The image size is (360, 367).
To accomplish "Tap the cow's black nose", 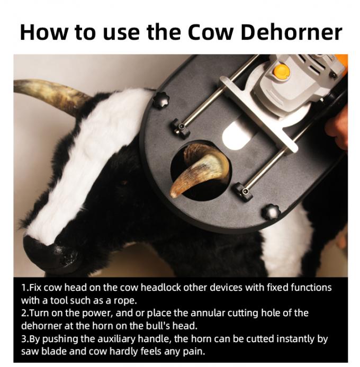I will point(45,253).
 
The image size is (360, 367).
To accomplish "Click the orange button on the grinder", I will point(281,70).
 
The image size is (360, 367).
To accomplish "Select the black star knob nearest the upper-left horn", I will point(160,100).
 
